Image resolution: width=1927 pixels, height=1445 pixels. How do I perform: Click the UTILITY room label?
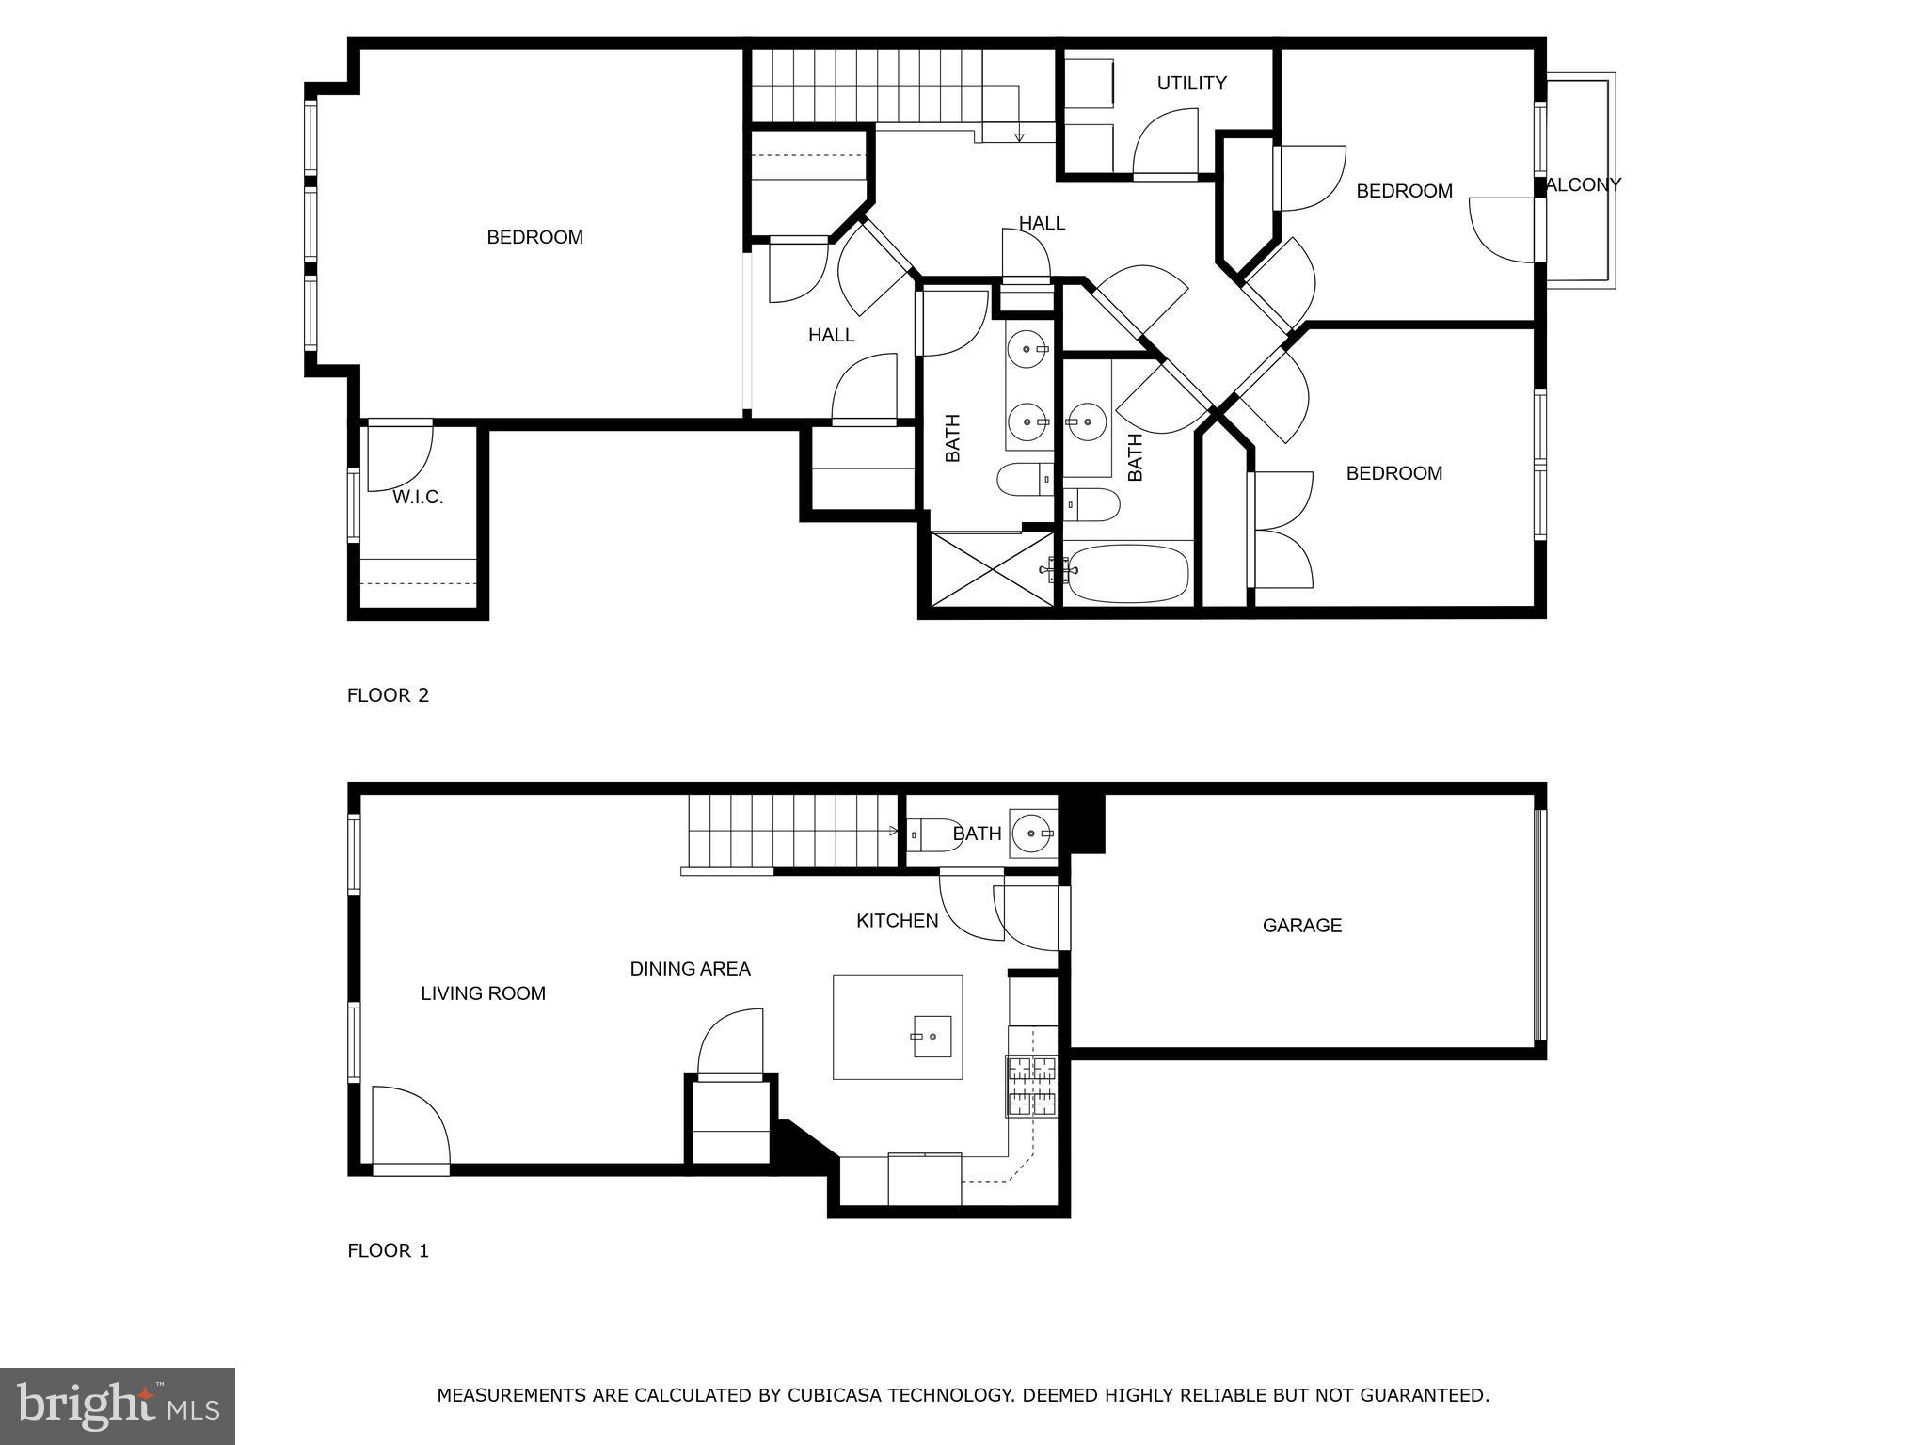pyautogui.click(x=1191, y=84)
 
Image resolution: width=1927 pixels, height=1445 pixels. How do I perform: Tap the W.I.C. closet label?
pyautogui.click(x=418, y=498)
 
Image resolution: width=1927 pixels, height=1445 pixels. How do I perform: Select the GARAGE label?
pyautogui.click(x=1301, y=926)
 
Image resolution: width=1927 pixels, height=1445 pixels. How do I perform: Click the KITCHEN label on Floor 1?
pyautogui.click(x=897, y=921)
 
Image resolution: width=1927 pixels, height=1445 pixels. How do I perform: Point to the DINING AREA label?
pyautogui.click(x=690, y=969)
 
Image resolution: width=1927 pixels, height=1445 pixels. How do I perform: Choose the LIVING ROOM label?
pyautogui.click(x=483, y=993)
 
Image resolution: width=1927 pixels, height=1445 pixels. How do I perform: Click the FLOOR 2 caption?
pyautogui.click(x=388, y=695)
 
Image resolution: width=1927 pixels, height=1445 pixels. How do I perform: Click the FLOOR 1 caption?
pyautogui.click(x=388, y=1250)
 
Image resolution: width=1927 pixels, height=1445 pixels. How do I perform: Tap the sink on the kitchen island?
pyautogui.click(x=931, y=1036)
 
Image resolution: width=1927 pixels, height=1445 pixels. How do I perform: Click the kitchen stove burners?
pyautogui.click(x=1032, y=1086)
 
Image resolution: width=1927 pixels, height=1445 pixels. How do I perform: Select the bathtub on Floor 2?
pyautogui.click(x=1127, y=574)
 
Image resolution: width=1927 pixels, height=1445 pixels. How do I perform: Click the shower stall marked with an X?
pyautogui.click(x=991, y=569)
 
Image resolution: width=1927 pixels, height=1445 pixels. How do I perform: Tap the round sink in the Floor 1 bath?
pyautogui.click(x=1032, y=834)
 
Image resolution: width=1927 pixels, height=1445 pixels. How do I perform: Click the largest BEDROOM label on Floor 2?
pyautogui.click(x=534, y=238)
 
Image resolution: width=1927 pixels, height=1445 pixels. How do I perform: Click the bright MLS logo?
pyautogui.click(x=118, y=1405)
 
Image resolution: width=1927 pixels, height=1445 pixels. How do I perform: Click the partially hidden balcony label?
pyautogui.click(x=1584, y=185)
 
